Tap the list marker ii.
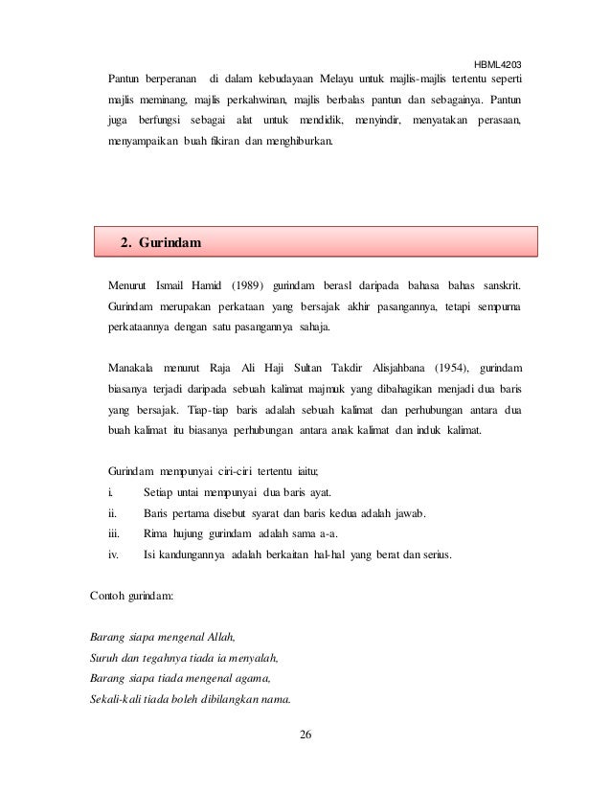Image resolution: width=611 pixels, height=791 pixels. [x=112, y=513]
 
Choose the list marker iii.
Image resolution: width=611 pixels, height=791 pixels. [x=114, y=533]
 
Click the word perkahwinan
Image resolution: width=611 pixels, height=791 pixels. [x=260, y=99]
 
